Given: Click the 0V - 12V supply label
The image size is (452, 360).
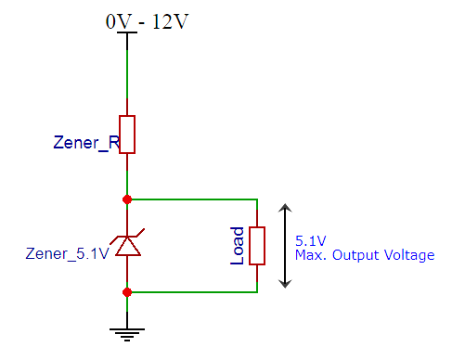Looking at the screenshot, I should pos(148,20).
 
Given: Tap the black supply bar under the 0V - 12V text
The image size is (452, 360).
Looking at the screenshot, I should pos(127,35).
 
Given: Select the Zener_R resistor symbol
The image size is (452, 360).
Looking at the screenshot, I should pos(127,134).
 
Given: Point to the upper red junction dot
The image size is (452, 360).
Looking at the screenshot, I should pos(127,199).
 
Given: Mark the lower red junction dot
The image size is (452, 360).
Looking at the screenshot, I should pos(127,291).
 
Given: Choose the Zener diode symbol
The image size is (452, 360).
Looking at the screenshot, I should pos(127,245).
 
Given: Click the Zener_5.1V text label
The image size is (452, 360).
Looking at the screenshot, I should pos(67,251).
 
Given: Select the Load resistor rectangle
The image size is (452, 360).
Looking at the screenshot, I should pos(257,245).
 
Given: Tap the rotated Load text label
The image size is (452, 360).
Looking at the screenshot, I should pos(238,245).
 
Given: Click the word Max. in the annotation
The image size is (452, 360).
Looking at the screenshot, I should pos(310,253).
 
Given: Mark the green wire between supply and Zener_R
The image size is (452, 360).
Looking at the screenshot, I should pos(127,74).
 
